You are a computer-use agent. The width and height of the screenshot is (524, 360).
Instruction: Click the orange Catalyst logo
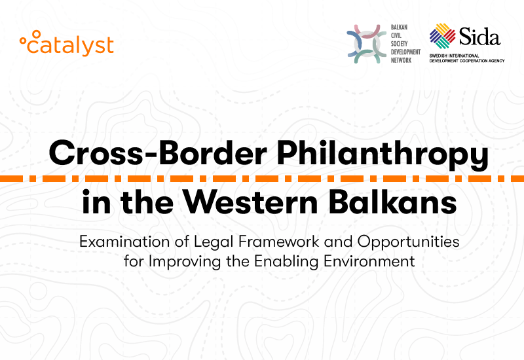(67, 43)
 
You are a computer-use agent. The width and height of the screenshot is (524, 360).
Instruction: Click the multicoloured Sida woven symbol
(443, 36)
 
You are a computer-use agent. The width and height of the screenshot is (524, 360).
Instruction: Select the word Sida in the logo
(479, 36)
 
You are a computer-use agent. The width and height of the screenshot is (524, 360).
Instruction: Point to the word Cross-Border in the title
(158, 153)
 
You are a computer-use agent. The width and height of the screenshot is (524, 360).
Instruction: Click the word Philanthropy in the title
(383, 154)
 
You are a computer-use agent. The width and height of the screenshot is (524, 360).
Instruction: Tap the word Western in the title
(252, 202)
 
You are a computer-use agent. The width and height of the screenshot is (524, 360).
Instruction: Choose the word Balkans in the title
(393, 201)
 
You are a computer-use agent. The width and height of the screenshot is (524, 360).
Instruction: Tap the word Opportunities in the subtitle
(408, 242)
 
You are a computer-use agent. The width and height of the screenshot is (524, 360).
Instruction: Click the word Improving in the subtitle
(185, 261)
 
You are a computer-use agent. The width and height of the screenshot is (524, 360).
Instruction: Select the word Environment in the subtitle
(369, 261)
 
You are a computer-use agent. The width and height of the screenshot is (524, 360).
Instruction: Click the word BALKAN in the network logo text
(399, 27)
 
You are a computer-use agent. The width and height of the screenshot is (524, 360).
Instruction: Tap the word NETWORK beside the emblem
(401, 60)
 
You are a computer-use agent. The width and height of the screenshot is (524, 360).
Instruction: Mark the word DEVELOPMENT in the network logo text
(405, 52)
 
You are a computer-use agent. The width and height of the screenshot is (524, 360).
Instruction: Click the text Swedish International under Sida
(454, 56)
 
